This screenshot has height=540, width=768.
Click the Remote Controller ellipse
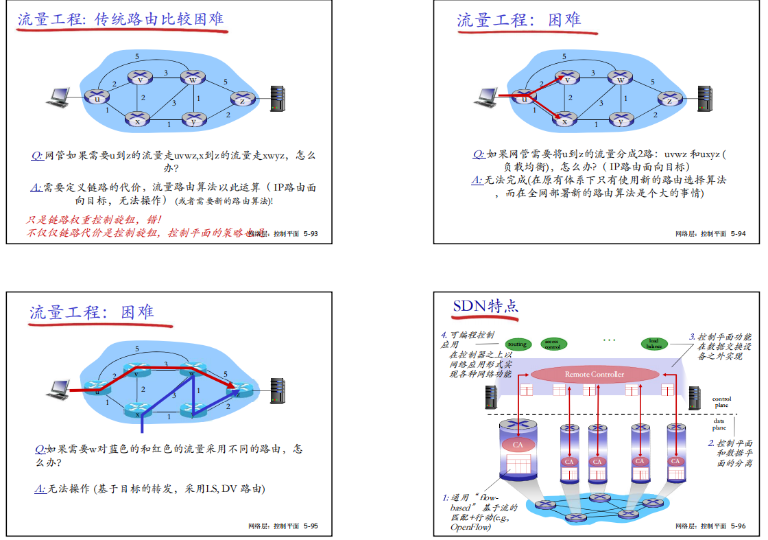point(594,374)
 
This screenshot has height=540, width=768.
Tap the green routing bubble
point(517,344)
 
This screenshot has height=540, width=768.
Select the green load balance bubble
point(653,344)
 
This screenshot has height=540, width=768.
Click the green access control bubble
point(552,344)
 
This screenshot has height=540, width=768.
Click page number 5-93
point(311,234)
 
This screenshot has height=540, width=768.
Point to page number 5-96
point(738,526)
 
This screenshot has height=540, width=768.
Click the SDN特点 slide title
point(485,306)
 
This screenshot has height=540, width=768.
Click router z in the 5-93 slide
point(242,100)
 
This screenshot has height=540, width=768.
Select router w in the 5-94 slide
point(621,79)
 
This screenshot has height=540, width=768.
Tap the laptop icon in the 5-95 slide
point(59,388)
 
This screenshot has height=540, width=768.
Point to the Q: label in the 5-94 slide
point(479,154)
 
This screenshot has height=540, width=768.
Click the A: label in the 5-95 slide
point(40,489)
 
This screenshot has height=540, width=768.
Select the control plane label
point(721,402)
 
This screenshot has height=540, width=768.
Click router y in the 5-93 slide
point(193,121)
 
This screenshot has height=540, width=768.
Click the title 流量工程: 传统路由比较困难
point(121,19)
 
